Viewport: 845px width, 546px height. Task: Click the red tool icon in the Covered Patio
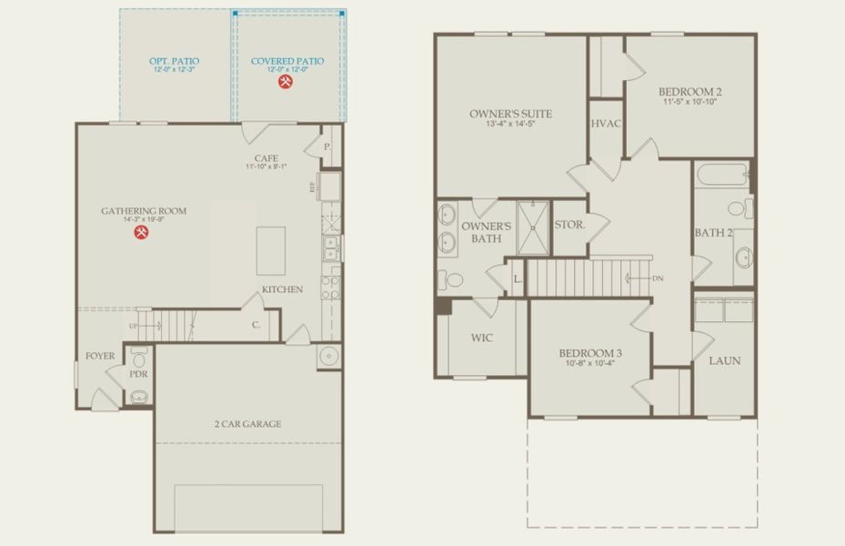pyautogui.click(x=286, y=82)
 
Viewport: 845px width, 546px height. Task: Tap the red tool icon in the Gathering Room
pyautogui.click(x=142, y=233)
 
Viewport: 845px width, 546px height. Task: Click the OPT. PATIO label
pyautogui.click(x=174, y=62)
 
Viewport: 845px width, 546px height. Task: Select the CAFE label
pyautogui.click(x=266, y=157)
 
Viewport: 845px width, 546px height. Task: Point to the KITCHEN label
pyautogui.click(x=282, y=289)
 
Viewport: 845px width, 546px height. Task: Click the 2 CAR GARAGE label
pyautogui.click(x=247, y=423)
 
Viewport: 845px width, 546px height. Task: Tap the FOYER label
pyautogui.click(x=100, y=356)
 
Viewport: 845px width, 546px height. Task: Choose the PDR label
pyautogui.click(x=139, y=374)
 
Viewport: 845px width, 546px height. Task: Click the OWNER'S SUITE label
pyautogui.click(x=510, y=114)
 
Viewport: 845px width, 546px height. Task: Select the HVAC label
pyautogui.click(x=605, y=124)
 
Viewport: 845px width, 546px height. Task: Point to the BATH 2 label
pyautogui.click(x=713, y=233)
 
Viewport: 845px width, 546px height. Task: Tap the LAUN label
pyautogui.click(x=725, y=360)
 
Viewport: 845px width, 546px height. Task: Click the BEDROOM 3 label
pyautogui.click(x=590, y=353)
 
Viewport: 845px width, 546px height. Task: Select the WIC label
pyautogui.click(x=481, y=338)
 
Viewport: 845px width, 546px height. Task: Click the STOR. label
pyautogui.click(x=568, y=223)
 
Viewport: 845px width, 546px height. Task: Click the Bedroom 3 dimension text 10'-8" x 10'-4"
pyautogui.click(x=590, y=365)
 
